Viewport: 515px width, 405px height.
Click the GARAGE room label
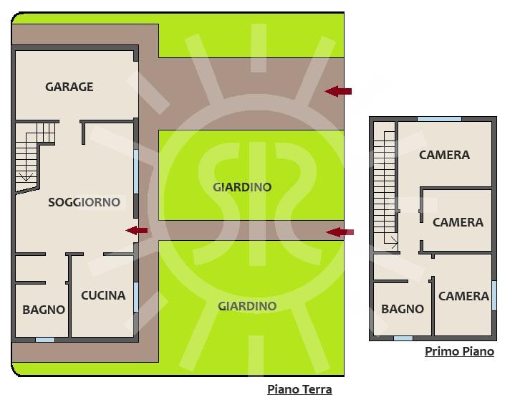(x=69, y=87)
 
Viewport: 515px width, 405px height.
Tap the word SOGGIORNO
(x=84, y=202)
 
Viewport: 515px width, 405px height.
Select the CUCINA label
(x=103, y=295)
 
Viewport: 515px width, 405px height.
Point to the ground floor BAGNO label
(x=44, y=310)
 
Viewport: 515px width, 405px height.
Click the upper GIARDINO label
(x=242, y=187)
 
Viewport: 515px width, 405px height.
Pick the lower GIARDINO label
(x=247, y=306)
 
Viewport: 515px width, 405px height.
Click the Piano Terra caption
(x=299, y=389)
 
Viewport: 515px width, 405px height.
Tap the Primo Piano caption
(x=460, y=351)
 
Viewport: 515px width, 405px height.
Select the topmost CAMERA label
(x=444, y=155)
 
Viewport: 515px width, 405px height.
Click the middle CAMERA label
(x=458, y=222)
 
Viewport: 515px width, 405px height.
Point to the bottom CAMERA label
(x=463, y=296)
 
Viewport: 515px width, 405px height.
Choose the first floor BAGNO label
(x=403, y=309)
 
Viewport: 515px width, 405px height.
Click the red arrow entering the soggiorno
(x=137, y=230)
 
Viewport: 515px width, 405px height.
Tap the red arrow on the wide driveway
(x=337, y=91)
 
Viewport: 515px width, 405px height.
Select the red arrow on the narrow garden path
(x=340, y=232)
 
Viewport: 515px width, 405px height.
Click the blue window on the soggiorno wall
(x=136, y=171)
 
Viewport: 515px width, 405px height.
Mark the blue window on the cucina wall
(x=136, y=297)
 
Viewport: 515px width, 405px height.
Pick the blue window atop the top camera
(x=440, y=119)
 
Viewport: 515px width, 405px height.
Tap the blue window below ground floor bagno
(x=45, y=340)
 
